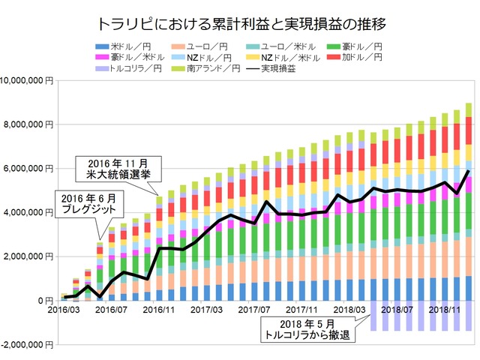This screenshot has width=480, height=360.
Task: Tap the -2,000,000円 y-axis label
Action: [x=28, y=345]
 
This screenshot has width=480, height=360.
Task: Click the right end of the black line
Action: [x=469, y=172]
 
